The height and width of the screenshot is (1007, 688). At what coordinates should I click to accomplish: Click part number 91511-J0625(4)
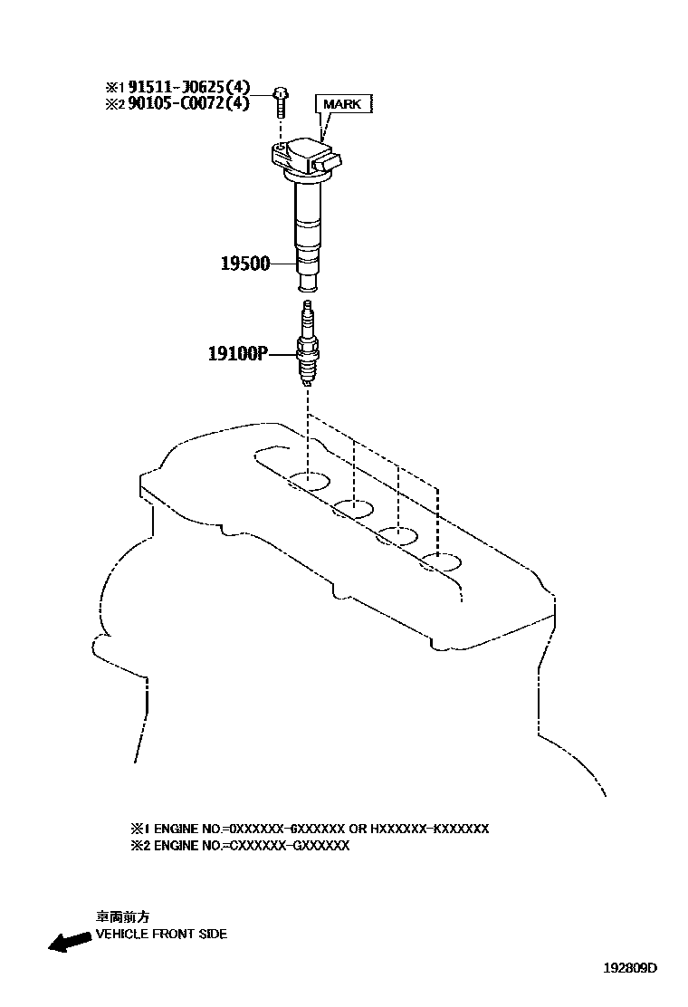click(x=188, y=87)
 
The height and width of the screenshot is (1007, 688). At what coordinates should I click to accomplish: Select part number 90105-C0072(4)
click(x=188, y=103)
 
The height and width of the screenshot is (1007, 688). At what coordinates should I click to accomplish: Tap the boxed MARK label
click(x=342, y=104)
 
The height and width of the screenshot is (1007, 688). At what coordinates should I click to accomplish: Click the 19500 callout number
click(x=245, y=264)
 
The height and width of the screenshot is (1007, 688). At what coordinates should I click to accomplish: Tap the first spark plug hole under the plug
click(x=309, y=480)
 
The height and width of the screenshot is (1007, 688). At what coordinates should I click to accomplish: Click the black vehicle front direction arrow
click(x=69, y=943)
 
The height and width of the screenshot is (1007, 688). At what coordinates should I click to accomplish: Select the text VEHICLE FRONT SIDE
click(x=161, y=934)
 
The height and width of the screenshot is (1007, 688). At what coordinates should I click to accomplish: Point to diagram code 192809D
click(x=630, y=967)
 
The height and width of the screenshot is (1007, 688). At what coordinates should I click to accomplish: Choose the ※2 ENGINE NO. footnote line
click(x=240, y=846)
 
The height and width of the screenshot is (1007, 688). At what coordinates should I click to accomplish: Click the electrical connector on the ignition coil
click(x=330, y=163)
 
